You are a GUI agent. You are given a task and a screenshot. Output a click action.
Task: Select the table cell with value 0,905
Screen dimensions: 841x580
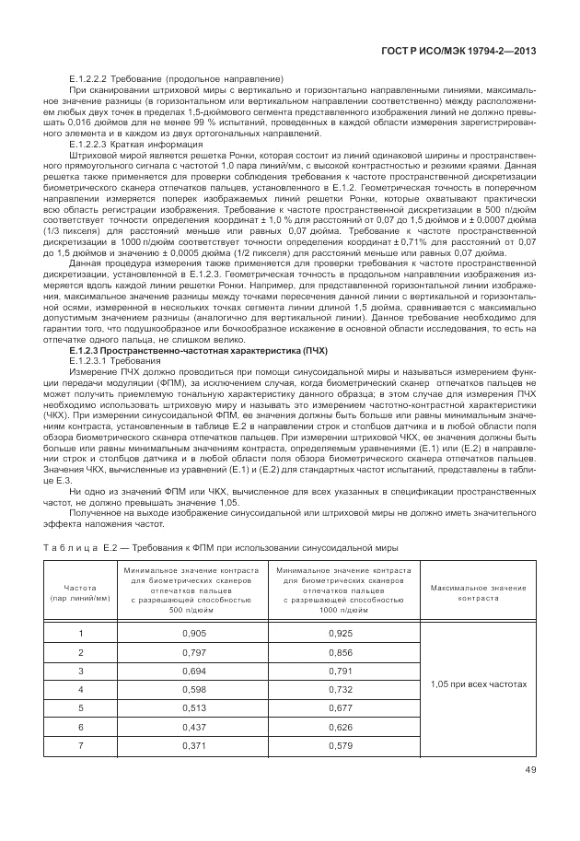[x=193, y=634]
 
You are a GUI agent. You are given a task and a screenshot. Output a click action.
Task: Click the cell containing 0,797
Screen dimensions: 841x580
[x=193, y=652]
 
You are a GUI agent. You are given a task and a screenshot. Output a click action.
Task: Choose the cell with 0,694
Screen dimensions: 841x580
[x=193, y=671]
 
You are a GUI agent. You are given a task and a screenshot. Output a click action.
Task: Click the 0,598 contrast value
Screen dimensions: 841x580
[x=193, y=689]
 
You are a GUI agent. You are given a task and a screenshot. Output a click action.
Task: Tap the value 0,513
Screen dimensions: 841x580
[x=193, y=707]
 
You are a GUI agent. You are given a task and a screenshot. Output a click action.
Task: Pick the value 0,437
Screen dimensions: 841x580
[x=193, y=726]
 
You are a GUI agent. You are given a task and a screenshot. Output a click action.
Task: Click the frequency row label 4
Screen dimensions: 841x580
[x=81, y=689]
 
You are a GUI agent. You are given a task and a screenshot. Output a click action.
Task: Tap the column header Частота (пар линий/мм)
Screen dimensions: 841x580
[x=81, y=592]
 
